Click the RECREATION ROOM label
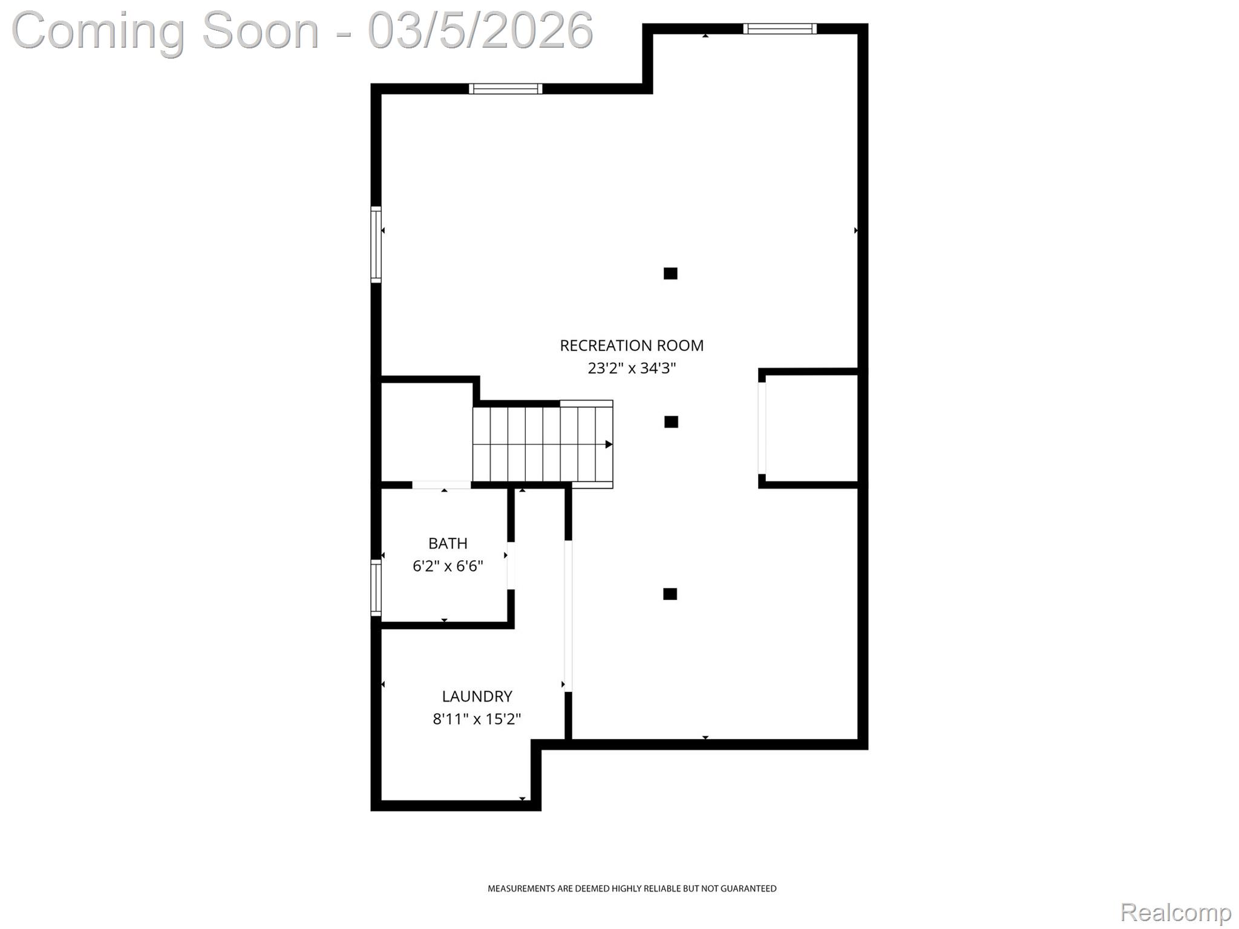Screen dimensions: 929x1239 (631, 345)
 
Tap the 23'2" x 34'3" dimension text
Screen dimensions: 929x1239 (631, 368)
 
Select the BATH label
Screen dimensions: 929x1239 (448, 543)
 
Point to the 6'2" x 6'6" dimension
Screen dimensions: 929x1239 (448, 566)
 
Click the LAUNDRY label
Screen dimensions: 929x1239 (477, 696)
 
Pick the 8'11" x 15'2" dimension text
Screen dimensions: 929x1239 (477, 719)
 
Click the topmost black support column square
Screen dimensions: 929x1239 (670, 273)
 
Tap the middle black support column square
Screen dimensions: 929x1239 (670, 422)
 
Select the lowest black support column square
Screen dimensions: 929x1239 (670, 594)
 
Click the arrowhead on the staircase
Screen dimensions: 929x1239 (609, 445)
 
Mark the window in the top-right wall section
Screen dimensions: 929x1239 (779, 28)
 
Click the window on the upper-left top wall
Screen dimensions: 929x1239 (505, 89)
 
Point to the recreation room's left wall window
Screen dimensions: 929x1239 (376, 244)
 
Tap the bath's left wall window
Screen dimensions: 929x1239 (376, 587)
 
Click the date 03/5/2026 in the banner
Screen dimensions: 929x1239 (480, 30)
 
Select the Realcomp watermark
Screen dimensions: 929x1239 (1175, 912)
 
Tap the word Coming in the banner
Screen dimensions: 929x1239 (98, 30)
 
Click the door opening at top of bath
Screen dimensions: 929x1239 (442, 485)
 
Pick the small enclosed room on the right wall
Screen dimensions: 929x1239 (811, 428)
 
